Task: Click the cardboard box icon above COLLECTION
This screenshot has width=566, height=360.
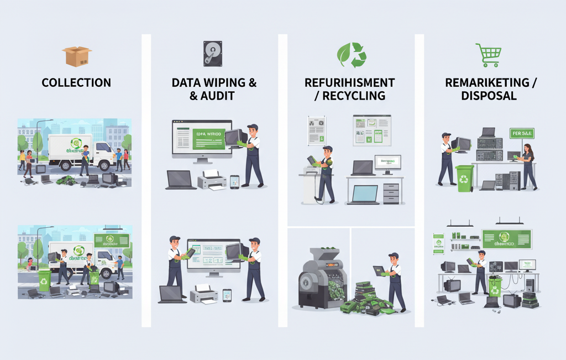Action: (76, 56)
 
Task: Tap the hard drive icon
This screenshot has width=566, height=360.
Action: (212, 54)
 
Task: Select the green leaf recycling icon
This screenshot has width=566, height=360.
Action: (352, 55)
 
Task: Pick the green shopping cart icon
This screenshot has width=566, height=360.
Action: (488, 55)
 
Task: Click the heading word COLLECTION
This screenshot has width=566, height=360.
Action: (76, 83)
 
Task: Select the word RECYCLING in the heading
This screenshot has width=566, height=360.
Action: (354, 96)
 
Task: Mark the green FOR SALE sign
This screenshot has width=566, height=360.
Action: (521, 133)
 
